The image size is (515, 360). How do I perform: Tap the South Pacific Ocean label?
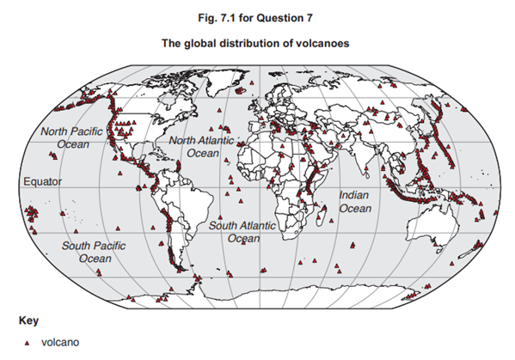click(94, 252)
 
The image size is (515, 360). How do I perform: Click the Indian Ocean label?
click(354, 202)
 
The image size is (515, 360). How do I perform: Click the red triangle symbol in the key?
click(26, 342)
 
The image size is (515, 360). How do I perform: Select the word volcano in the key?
click(60, 342)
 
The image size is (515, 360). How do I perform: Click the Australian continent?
click(427, 228)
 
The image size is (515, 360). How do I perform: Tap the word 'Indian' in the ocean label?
click(354, 196)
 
